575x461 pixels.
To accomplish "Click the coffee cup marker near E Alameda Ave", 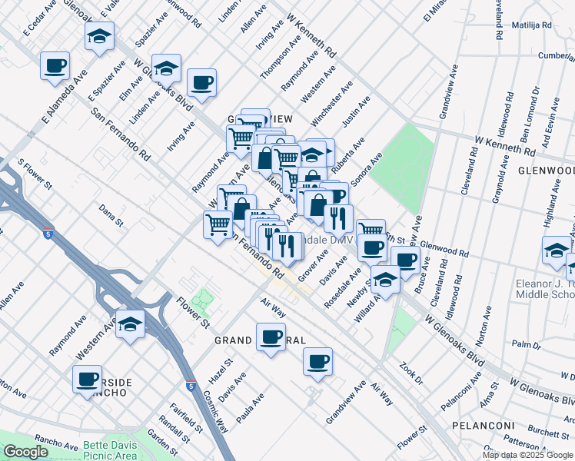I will coord(55,66).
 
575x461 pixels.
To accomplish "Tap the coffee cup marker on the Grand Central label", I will coord(271,337).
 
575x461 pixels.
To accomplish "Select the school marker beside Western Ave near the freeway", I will coord(131,324).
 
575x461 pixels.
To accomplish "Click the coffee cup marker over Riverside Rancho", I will coord(87,379).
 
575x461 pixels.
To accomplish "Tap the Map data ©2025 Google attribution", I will coord(527,455).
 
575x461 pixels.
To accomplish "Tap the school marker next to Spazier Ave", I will coord(98,37).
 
